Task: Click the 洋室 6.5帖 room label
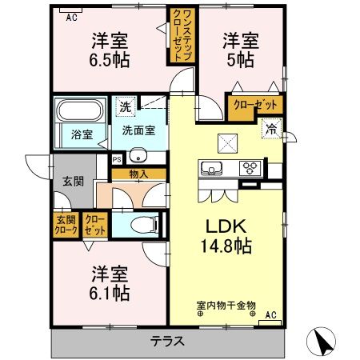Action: pyautogui.click(x=110, y=50)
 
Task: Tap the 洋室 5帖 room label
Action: pyautogui.click(x=238, y=50)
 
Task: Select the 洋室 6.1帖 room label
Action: pyautogui.click(x=110, y=283)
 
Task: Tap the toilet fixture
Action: pyautogui.click(x=146, y=224)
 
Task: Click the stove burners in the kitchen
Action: pyautogui.click(x=251, y=168)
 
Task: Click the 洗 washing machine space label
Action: pyautogui.click(x=126, y=106)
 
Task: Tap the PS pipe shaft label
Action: pyautogui.click(x=117, y=158)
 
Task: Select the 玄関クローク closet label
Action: pyautogui.click(x=66, y=226)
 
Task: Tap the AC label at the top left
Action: pyautogui.click(x=71, y=15)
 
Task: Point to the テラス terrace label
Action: pyautogui.click(x=168, y=341)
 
